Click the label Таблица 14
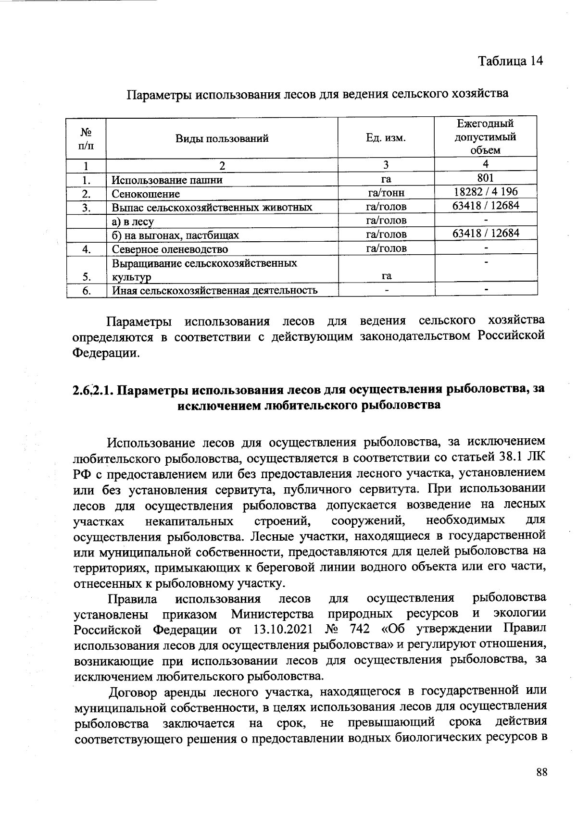[510, 61]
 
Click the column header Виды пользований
[222, 139]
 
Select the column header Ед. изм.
[386, 139]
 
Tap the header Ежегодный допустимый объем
[486, 137]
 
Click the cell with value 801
[486, 178]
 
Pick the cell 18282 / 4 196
[486, 192]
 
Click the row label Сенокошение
[146, 194]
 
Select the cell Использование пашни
[167, 181]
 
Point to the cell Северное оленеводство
[170, 249]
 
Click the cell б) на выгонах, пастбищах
[175, 235]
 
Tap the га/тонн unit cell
[386, 193]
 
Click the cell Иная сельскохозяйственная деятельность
[214, 290]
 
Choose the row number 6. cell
[87, 290]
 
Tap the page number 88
[541, 772]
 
